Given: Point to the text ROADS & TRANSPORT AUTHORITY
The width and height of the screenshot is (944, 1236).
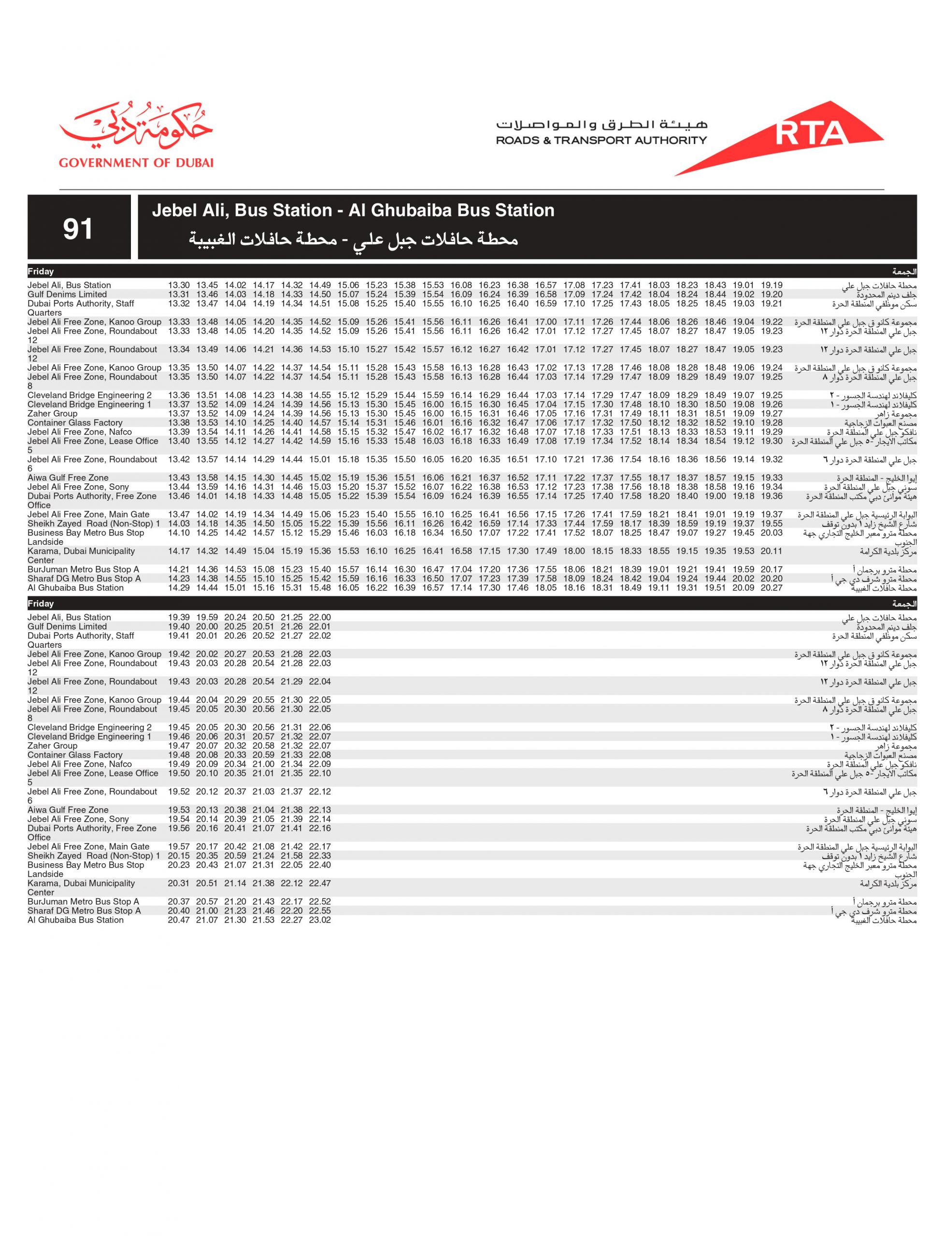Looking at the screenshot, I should pyautogui.click(x=601, y=140).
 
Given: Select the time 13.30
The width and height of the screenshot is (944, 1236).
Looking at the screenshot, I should pyautogui.click(x=179, y=285).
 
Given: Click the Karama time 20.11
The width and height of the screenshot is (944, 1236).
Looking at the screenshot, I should pyautogui.click(x=772, y=551).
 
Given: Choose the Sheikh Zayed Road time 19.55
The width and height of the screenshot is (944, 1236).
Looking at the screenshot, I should pyautogui.click(x=772, y=524).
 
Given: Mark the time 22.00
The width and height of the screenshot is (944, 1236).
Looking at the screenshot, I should pyautogui.click(x=320, y=618).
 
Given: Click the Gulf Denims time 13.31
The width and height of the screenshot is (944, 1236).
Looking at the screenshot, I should pyautogui.click(x=179, y=294).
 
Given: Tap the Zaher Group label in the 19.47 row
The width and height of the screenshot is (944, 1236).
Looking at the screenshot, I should pyautogui.click(x=52, y=746).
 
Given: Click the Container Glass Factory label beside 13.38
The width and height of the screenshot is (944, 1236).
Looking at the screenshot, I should pyautogui.click(x=75, y=423).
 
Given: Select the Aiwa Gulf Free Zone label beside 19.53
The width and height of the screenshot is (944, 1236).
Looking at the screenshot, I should pyautogui.click(x=68, y=810).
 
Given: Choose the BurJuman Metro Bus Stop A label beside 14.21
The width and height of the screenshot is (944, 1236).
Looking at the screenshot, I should pyautogui.click(x=83, y=569).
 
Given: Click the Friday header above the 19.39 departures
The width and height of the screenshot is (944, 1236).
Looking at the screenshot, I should pyautogui.click(x=41, y=604).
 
